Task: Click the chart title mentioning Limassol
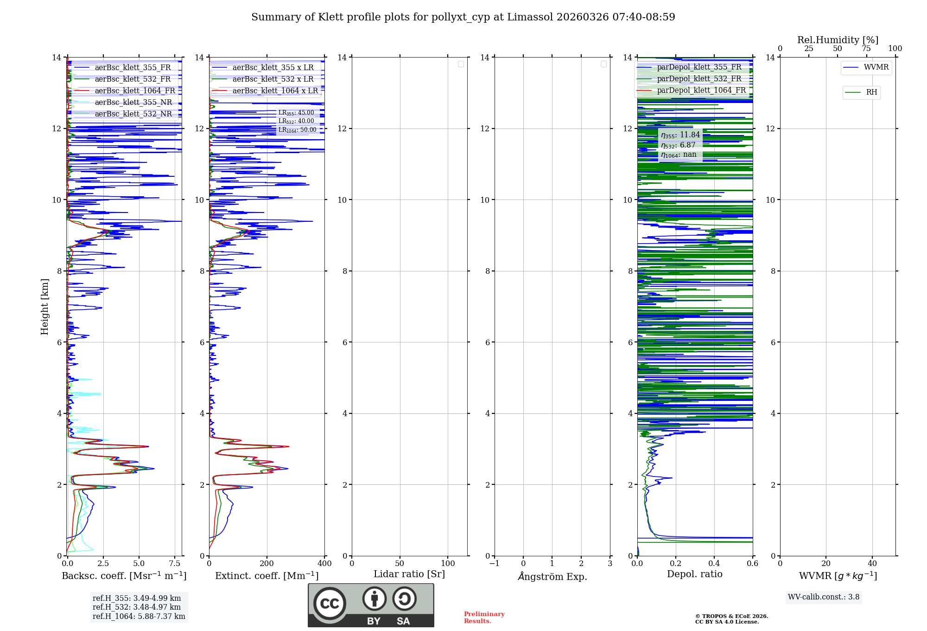463,17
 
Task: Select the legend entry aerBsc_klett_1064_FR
135,91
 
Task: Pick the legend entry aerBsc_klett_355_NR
133,103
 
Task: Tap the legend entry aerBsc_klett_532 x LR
273,79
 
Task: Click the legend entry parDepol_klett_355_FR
699,67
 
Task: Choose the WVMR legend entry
876,67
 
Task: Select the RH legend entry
871,92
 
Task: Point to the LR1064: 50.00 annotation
297,130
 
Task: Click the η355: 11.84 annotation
680,135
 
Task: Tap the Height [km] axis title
44,307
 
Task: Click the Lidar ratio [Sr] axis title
409,574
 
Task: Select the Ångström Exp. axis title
552,577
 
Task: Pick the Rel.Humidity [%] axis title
838,40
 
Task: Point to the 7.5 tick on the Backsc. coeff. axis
175,564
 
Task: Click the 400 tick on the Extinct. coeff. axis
324,564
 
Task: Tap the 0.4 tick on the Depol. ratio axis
714,564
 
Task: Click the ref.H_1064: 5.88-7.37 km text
139,617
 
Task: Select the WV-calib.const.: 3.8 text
824,597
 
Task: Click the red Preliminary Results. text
484,618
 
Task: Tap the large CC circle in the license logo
330,604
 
